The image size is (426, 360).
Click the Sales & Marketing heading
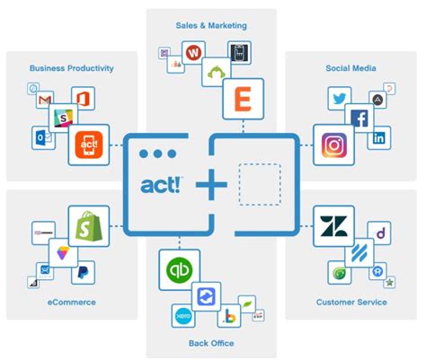[x=212, y=25]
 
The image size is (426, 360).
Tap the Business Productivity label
[x=71, y=67]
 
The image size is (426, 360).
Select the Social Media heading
[x=350, y=67]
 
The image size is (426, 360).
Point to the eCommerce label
[x=72, y=303]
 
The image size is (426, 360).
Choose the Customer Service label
[x=351, y=303]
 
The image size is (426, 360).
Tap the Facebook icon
[x=359, y=119]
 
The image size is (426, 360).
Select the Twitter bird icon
[x=339, y=98]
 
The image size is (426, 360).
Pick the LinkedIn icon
[x=378, y=138]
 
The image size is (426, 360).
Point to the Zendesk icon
[x=331, y=228]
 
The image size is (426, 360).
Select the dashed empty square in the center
[x=260, y=184]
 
